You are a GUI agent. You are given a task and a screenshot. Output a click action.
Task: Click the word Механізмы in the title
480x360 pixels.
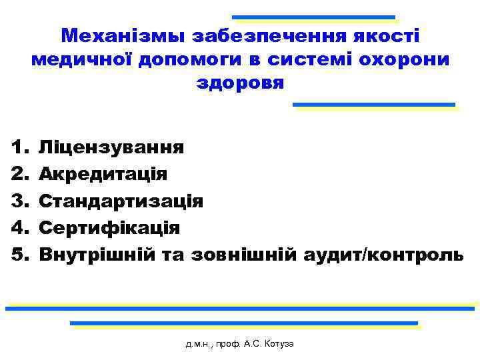[x=119, y=36]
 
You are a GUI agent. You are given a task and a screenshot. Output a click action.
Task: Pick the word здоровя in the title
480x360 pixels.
[x=240, y=83]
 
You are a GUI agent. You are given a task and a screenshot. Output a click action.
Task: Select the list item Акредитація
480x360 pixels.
[x=103, y=174]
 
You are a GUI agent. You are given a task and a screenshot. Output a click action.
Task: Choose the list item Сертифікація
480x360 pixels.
[x=109, y=227]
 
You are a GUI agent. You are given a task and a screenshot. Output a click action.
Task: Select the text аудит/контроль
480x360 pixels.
[x=382, y=254]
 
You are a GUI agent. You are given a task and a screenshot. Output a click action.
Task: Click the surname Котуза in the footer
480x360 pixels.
[x=278, y=344]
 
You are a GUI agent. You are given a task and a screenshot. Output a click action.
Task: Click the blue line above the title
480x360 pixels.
[x=313, y=17]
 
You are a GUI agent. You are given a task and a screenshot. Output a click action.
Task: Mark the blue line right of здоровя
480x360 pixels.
[x=374, y=104]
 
